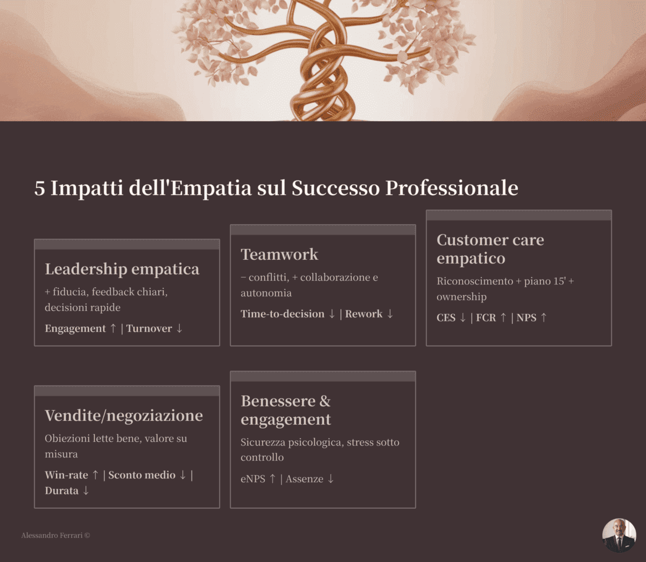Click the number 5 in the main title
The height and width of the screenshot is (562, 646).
click(x=39, y=188)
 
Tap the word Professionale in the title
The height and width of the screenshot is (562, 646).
click(x=452, y=188)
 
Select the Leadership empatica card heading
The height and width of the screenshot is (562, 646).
click(x=122, y=269)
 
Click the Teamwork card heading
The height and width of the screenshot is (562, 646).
click(x=279, y=255)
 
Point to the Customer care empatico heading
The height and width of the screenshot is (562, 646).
click(x=490, y=249)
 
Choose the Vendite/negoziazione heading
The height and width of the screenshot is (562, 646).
click(x=124, y=416)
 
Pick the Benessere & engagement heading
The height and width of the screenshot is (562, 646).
click(x=286, y=410)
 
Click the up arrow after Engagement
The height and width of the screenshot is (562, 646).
click(x=113, y=329)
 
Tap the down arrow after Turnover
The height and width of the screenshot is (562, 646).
click(x=179, y=329)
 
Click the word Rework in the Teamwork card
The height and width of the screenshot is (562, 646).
click(x=364, y=314)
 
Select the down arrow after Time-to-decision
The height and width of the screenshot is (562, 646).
click(x=332, y=314)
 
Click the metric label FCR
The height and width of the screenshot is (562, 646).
click(x=486, y=318)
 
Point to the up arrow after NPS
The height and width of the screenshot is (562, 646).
click(x=543, y=318)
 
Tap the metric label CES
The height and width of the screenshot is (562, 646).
click(x=446, y=318)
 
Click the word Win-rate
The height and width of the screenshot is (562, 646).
click(x=66, y=475)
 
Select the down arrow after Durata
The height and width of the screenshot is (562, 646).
click(x=86, y=491)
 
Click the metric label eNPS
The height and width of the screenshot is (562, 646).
click(x=253, y=479)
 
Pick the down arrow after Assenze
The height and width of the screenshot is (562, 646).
click(x=331, y=479)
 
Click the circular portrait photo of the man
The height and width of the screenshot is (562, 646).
click(x=619, y=536)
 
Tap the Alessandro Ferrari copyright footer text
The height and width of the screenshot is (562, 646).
click(x=55, y=536)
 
